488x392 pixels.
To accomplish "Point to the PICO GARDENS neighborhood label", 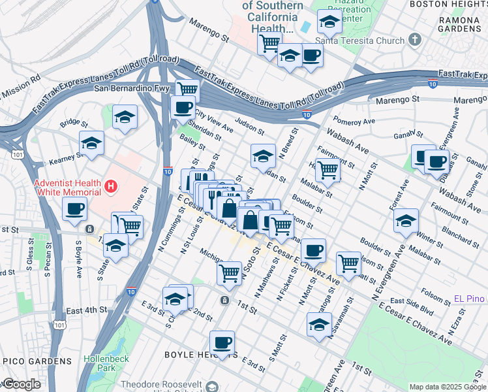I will [37, 361].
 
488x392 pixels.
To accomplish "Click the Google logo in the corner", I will [21, 384].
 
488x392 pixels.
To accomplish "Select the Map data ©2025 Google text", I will [447, 387].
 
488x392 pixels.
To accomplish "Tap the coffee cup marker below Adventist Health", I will [74, 209].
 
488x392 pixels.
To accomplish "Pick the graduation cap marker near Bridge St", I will [125, 118].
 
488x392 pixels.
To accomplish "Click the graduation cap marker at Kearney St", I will [91, 144].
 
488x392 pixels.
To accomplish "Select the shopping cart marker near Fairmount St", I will [328, 170].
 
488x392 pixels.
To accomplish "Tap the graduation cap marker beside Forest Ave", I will [406, 220].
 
